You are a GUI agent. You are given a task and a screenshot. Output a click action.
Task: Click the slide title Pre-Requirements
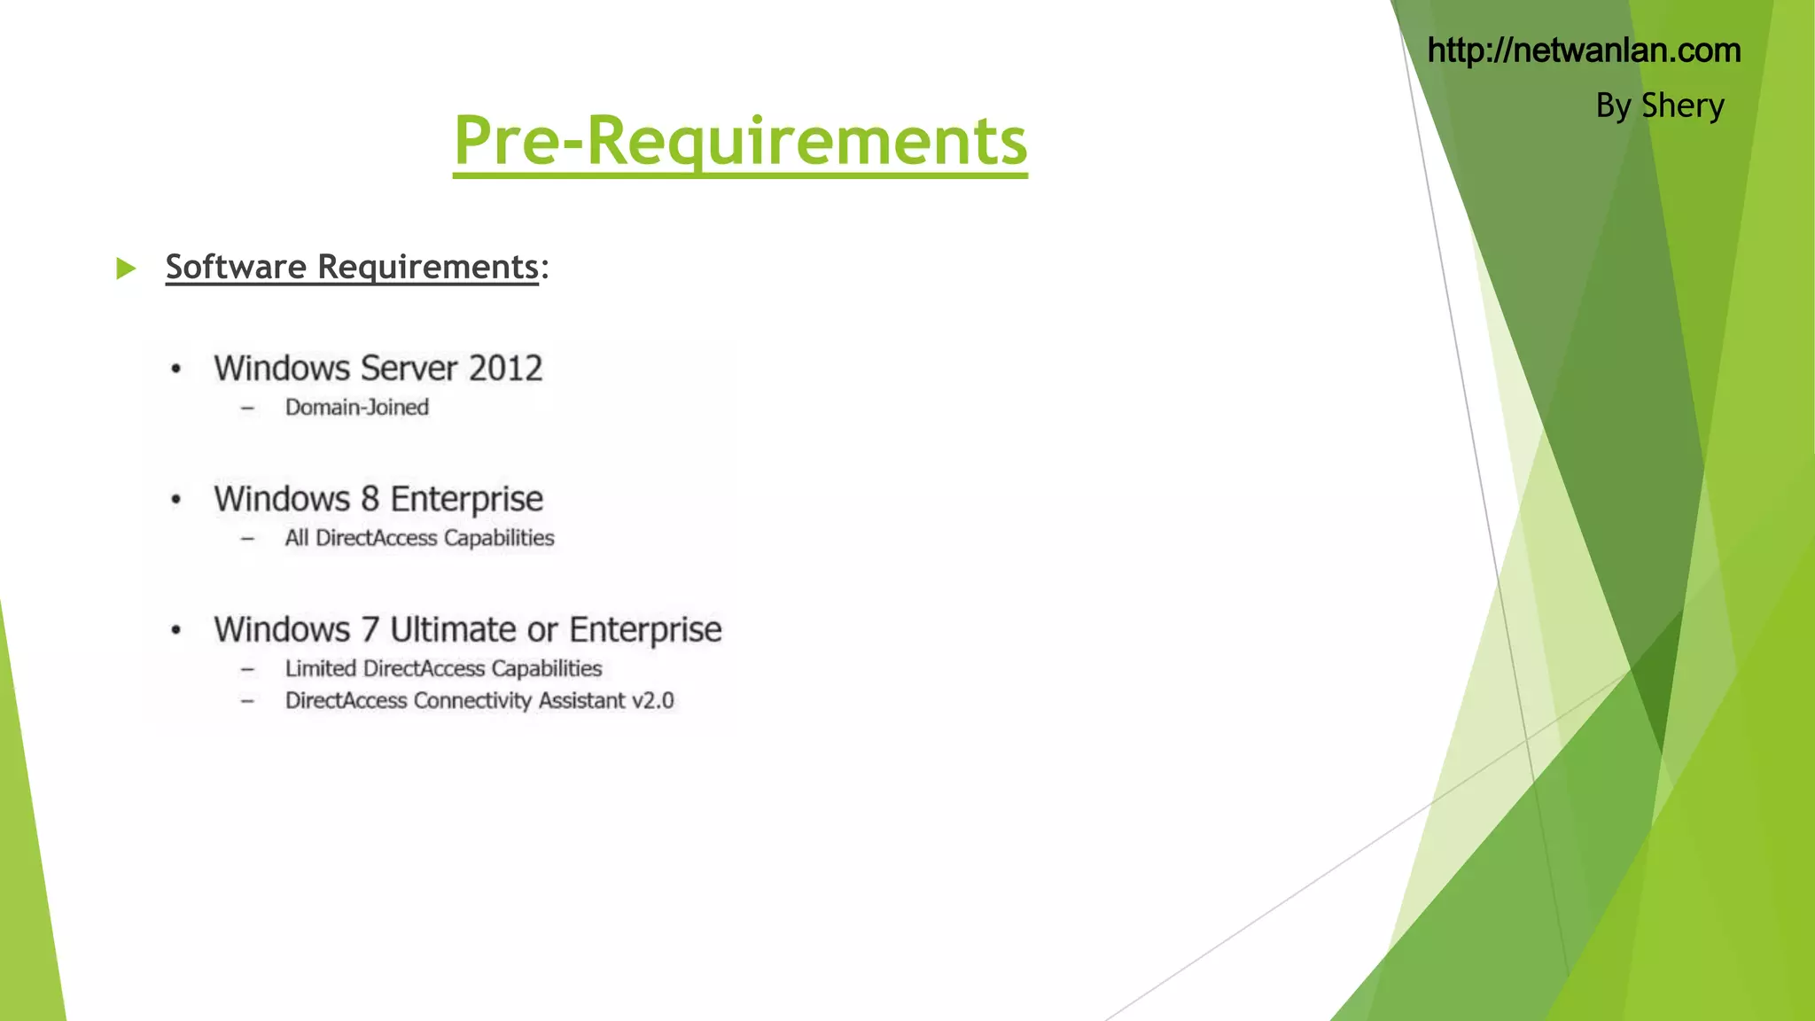point(740,141)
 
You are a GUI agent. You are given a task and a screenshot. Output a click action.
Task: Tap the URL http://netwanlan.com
point(1584,51)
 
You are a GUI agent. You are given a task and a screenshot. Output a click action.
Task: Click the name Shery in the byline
point(1682,105)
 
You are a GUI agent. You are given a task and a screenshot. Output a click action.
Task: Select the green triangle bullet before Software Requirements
point(126,268)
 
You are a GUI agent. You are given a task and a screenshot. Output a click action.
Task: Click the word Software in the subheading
point(236,267)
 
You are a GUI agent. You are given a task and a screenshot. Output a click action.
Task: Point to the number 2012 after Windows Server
point(505,368)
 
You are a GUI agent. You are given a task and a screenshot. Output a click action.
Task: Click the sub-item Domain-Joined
point(357,408)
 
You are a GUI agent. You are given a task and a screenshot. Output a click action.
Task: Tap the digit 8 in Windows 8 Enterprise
point(370,499)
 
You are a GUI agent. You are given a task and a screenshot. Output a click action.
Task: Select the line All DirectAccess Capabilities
point(419,538)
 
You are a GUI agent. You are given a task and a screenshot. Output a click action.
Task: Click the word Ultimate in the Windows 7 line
point(454,630)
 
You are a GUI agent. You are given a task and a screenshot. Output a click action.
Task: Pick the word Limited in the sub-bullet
point(320,668)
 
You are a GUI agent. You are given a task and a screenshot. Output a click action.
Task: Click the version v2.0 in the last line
point(652,701)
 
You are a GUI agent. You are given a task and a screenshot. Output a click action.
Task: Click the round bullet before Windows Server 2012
point(176,370)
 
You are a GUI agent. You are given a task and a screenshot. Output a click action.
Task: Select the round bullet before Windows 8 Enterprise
point(176,500)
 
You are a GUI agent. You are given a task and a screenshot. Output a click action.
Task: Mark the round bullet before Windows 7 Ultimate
point(176,630)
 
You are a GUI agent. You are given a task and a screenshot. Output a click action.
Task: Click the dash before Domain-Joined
point(247,409)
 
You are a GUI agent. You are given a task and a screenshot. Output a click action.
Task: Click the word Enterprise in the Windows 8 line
point(466,499)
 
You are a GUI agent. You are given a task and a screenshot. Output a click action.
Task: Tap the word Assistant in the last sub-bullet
point(581,701)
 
